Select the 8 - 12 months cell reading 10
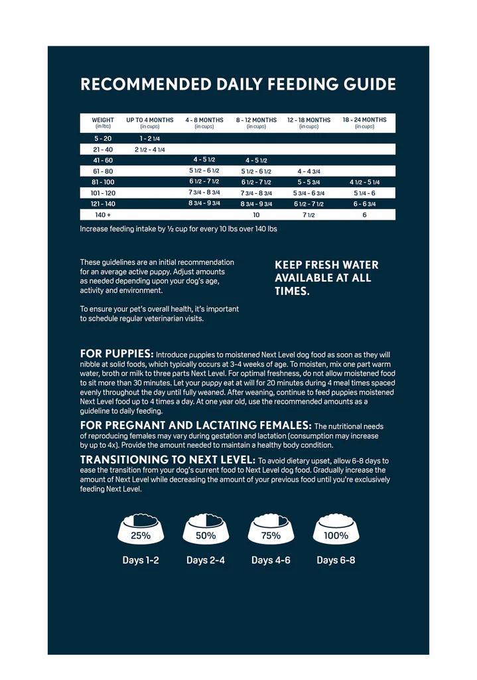pos(256,215)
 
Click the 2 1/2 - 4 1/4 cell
pos(150,149)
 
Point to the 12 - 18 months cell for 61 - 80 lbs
pos(308,171)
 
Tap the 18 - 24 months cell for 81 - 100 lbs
pos(364,182)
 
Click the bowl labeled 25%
pos(140,529)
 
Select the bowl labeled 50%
pos(205,529)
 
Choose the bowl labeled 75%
pos(271,529)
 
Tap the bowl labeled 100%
pos(336,529)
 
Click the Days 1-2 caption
pos(141,560)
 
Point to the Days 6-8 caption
pos(336,560)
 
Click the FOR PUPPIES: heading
pos(117,354)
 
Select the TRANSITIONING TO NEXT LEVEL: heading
pos(167,460)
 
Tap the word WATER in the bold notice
pos(360,265)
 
